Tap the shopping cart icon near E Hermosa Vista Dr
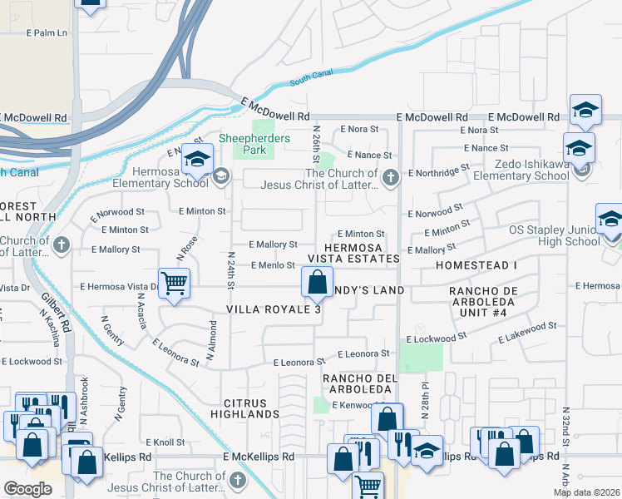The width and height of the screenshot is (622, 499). (175, 283)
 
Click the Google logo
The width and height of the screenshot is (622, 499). (27, 488)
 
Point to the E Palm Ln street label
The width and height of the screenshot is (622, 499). (46, 33)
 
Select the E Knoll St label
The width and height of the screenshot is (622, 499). (165, 442)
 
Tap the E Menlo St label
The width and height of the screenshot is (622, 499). (273, 265)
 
